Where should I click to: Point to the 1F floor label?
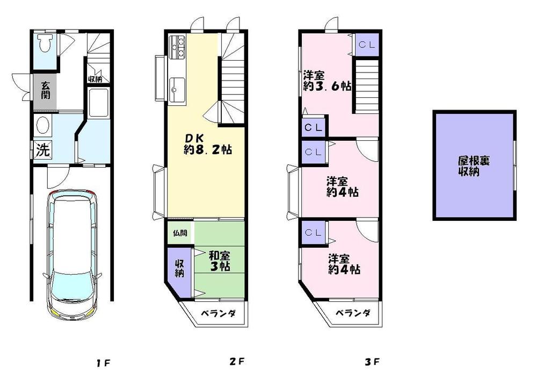point(104,362)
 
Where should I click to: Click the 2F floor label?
point(237,362)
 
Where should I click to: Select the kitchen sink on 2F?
point(177,89)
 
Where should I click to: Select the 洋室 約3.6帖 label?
point(326,81)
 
